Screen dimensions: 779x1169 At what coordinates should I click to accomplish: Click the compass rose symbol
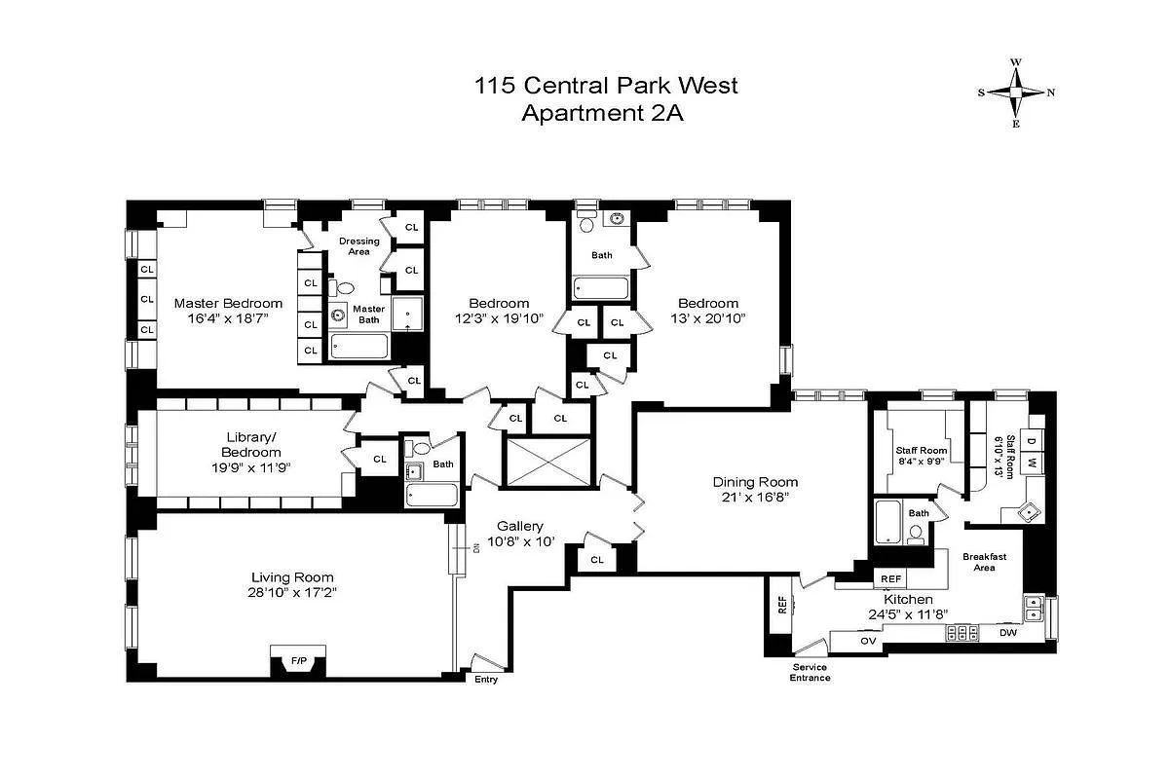point(1015,93)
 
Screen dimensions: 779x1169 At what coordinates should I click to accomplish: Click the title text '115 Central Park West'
point(606,86)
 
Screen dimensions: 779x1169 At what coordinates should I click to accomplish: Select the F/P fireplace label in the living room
point(299,661)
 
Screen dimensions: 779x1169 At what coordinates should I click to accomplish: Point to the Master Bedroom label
point(228,303)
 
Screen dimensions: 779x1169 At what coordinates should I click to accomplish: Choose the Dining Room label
point(755,482)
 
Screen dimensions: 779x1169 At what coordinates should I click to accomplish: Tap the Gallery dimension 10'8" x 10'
point(519,541)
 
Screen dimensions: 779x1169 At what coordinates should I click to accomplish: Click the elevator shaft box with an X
point(547,461)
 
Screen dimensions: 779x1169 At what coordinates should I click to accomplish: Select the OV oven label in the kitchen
point(868,641)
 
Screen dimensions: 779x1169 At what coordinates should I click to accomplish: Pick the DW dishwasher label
point(1008,633)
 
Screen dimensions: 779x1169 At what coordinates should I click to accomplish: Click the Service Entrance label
point(810,673)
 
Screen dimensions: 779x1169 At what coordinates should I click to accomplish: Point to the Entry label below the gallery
point(485,680)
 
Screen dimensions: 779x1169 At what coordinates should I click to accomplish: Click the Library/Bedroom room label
point(250,445)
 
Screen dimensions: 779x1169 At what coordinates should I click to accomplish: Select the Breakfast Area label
point(984,562)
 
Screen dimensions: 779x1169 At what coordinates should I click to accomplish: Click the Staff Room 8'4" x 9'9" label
point(921,456)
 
